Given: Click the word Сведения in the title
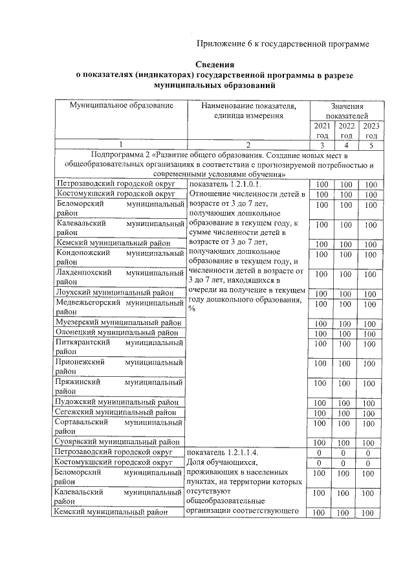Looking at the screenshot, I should [x=215, y=65].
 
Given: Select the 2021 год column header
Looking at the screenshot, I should [x=321, y=130].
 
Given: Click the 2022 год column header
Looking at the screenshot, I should [x=346, y=130].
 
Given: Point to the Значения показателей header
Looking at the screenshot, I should [x=346, y=110].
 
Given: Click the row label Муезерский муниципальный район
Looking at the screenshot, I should [x=118, y=322].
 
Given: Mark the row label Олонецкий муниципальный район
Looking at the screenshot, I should [x=117, y=332].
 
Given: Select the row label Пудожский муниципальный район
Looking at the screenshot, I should [x=118, y=402].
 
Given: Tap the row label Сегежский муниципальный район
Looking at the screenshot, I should [x=116, y=412].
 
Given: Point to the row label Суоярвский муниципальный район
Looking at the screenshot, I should [x=118, y=442].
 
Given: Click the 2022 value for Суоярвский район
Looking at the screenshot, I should [x=346, y=442].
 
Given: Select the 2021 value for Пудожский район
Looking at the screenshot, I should [x=321, y=403].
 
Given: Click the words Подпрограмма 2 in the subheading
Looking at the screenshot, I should [x=120, y=155].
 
